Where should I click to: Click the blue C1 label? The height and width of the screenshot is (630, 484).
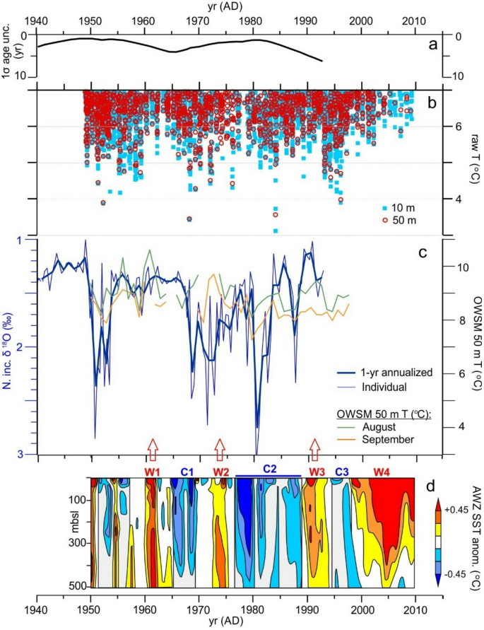(187, 471)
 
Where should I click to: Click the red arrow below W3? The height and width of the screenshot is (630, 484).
(314, 449)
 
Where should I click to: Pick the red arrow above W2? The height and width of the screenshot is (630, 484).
(220, 449)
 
